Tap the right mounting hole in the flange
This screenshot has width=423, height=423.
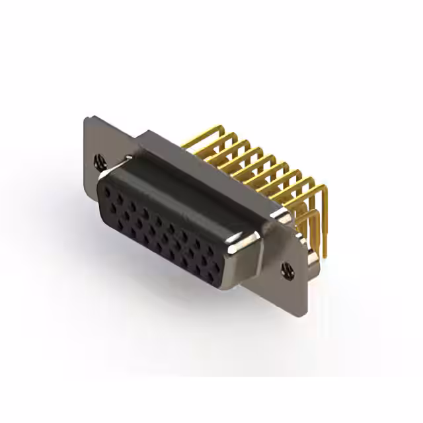tap(288, 268)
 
